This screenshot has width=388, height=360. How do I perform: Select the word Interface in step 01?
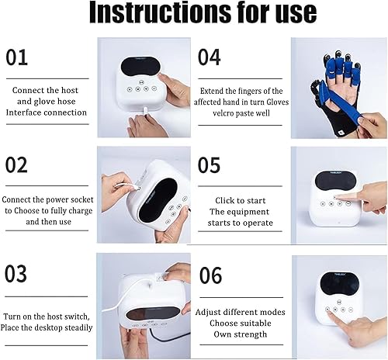pyautogui.click(x=34, y=113)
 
